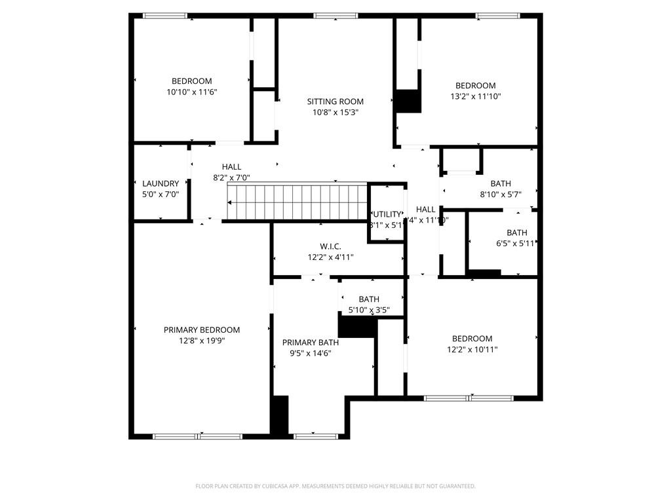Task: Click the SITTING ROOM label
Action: [335, 102]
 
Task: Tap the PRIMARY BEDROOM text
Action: [202, 329]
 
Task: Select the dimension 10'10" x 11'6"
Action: [191, 92]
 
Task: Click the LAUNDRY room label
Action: [161, 183]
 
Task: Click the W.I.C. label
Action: [330, 246]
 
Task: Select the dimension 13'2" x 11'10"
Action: [475, 96]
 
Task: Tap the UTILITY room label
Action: [387, 214]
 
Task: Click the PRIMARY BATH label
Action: [311, 343]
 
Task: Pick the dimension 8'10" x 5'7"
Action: [501, 195]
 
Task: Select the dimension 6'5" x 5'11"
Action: [516, 243]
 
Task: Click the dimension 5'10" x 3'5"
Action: [369, 310]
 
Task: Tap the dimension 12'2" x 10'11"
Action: [472, 349]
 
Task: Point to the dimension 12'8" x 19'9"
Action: [202, 341]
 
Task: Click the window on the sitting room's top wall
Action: [335, 16]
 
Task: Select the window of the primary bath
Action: [316, 436]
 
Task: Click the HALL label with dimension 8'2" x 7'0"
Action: [231, 167]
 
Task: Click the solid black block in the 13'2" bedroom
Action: [409, 102]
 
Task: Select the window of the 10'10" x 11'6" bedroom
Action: [165, 16]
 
